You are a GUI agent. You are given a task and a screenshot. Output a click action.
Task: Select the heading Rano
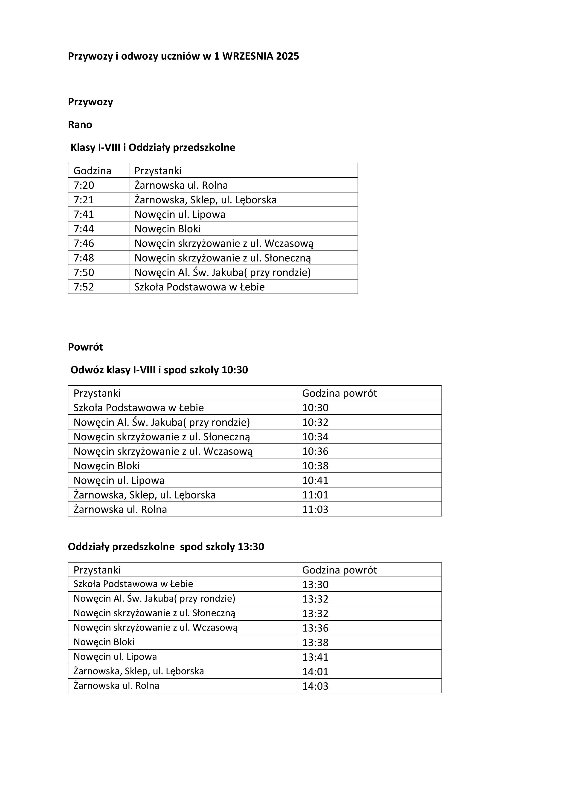pos(80,125)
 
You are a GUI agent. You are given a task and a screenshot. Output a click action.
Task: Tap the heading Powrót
pos(85,347)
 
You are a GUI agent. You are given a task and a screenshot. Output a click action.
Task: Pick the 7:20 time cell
pos(84,185)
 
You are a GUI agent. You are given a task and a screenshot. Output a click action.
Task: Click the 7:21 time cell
pos(84,200)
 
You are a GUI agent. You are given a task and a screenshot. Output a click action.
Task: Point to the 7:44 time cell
pos(84,229)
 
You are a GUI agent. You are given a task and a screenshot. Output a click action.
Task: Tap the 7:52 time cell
pos(84,287)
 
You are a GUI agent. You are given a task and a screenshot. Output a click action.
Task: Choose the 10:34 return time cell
pos(315,437)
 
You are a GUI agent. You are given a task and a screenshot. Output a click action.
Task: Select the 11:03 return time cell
pos(315,510)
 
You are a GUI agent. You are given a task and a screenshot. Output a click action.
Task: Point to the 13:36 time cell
pos(315,628)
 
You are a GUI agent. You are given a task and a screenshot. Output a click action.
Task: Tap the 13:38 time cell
pos(315,643)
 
